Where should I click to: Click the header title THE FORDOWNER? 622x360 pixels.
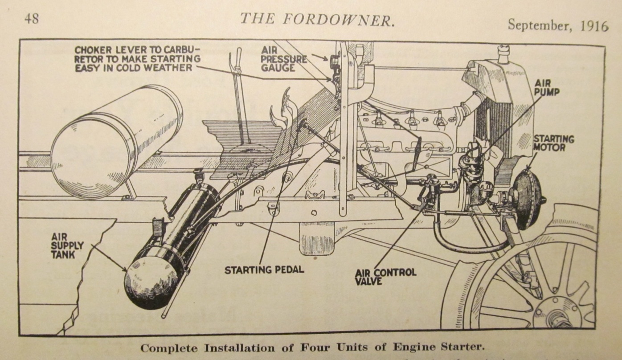(x=317, y=19)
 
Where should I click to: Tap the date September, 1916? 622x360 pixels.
(x=558, y=25)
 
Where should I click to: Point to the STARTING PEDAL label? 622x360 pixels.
(x=264, y=270)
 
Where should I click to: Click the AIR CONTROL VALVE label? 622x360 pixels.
(x=385, y=276)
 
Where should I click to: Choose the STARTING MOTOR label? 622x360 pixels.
(x=553, y=143)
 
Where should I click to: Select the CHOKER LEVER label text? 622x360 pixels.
(x=137, y=58)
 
